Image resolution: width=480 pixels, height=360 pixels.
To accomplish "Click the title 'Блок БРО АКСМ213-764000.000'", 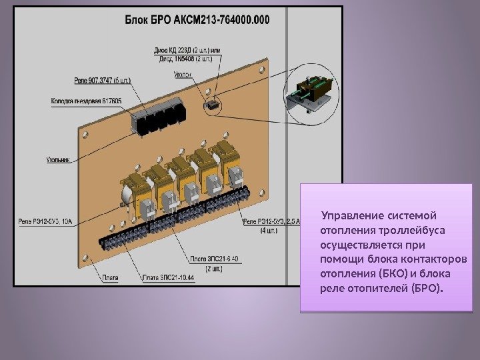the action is (x=198, y=19).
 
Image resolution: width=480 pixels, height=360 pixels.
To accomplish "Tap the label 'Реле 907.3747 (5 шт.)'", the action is (x=103, y=81).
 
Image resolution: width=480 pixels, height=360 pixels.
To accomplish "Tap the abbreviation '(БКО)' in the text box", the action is (x=393, y=274).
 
